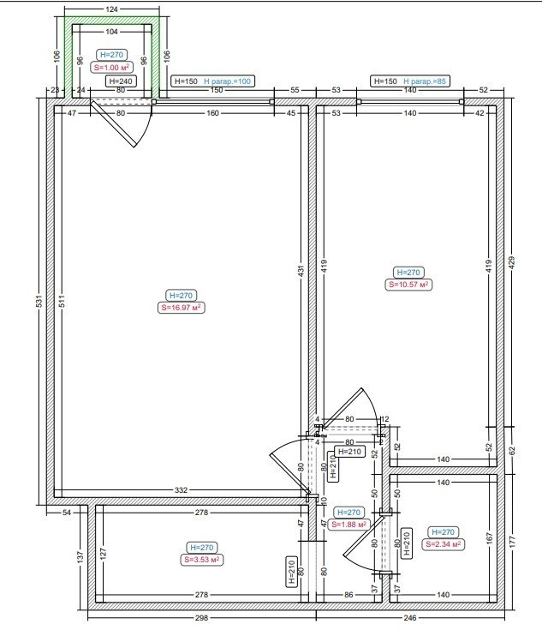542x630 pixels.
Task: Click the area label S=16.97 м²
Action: [181, 308]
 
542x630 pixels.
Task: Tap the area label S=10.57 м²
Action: [408, 285]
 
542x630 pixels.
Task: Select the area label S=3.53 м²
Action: [202, 560]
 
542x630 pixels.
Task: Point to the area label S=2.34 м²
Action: [444, 544]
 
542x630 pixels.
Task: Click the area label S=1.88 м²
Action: [348, 525]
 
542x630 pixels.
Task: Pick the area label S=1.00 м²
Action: [111, 67]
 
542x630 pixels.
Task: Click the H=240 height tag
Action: [121, 81]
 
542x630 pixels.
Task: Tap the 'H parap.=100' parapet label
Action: [227, 81]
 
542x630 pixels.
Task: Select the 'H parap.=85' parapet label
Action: [425, 81]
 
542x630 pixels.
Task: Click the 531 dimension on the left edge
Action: [39, 302]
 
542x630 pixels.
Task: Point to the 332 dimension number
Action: [181, 490]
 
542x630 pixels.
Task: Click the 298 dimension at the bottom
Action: [201, 617]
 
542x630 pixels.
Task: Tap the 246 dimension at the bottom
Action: [410, 617]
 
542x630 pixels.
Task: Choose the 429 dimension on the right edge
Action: [511, 263]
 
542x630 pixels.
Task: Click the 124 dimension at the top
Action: [111, 9]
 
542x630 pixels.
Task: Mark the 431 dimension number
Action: [301, 270]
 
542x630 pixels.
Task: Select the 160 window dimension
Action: [213, 113]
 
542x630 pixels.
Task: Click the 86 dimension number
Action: [348, 595]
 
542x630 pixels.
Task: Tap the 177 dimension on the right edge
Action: [511, 541]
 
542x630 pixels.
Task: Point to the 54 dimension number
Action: [67, 513]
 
